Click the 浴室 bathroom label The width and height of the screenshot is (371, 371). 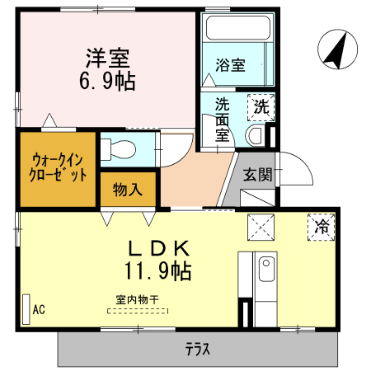tap(230, 66)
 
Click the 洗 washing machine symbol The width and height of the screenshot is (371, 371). tap(261, 106)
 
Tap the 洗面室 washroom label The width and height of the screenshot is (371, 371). tap(223, 120)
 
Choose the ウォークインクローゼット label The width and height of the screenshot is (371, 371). tap(59, 168)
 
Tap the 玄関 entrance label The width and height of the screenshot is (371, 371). tap(257, 174)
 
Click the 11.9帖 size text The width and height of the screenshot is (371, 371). tap(158, 270)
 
